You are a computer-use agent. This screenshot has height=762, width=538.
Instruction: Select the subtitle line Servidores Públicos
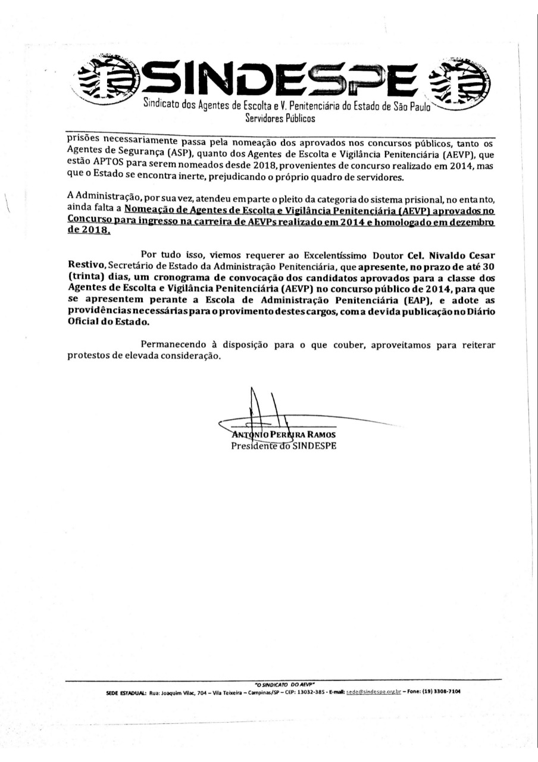(280, 118)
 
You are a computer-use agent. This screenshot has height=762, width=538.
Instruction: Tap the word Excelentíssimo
(330, 253)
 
